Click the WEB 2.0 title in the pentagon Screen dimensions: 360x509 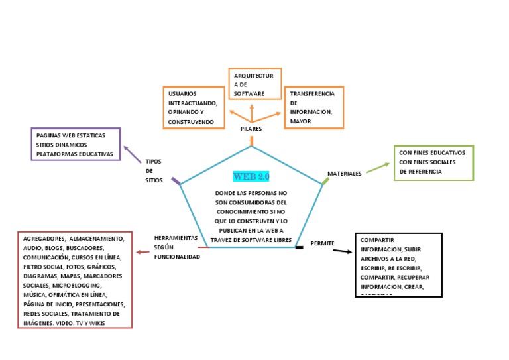coord(251,176)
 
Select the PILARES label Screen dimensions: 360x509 coord(251,129)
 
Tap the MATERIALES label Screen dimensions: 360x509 coord(345,174)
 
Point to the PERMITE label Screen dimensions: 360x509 coord(322,243)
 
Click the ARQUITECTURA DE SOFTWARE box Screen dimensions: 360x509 coord(255,84)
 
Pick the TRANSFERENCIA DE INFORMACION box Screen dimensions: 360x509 coord(313,107)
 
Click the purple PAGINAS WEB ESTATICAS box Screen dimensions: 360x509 coord(76,145)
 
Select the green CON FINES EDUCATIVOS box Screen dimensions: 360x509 coord(433,162)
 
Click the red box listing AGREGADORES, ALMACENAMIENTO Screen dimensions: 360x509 coord(75,280)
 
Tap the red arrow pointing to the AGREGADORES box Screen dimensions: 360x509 coord(142,251)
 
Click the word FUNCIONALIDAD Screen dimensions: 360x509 coord(176,256)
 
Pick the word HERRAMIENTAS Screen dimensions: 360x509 coord(176,237)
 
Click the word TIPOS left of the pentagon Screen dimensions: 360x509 coord(153,161)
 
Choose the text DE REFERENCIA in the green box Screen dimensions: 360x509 coord(420,172)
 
